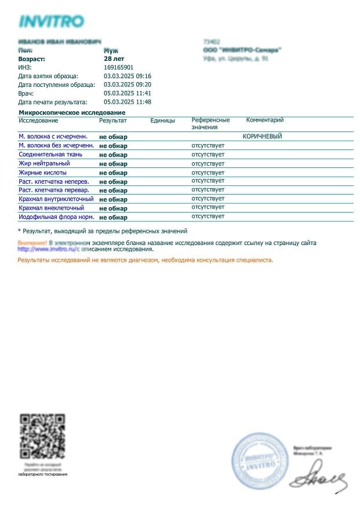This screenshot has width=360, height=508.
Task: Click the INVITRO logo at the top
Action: click(x=52, y=22)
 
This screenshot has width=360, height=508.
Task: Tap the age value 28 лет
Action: click(x=114, y=59)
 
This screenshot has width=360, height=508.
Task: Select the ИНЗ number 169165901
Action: click(x=118, y=68)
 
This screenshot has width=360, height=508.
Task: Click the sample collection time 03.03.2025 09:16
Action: click(x=128, y=76)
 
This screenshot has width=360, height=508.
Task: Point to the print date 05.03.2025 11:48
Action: click(x=128, y=102)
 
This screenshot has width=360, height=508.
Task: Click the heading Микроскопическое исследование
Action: click(x=72, y=112)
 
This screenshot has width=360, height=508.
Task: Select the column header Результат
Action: click(x=112, y=120)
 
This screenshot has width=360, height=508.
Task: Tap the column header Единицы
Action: click(x=162, y=120)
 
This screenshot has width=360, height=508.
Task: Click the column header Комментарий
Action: click(x=265, y=120)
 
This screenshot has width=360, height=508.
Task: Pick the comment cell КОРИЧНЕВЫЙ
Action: click(x=262, y=136)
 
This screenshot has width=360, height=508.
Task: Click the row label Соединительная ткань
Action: click(x=50, y=155)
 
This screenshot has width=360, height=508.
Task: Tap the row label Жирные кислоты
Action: click(x=42, y=173)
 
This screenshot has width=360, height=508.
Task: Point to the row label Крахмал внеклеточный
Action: click(x=51, y=207)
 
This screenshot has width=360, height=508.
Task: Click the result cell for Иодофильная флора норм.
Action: click(x=113, y=217)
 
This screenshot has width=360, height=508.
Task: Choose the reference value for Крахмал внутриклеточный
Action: click(x=208, y=198)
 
